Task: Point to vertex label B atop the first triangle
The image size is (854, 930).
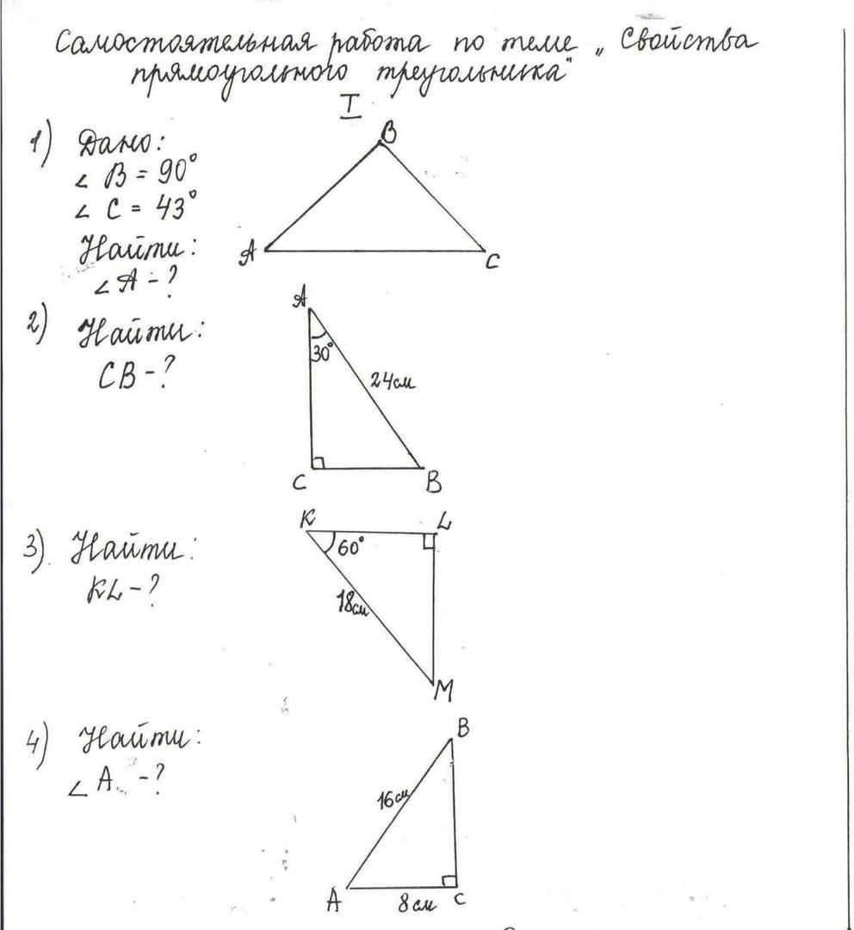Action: pos(388,133)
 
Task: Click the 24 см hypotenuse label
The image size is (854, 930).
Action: pos(393,379)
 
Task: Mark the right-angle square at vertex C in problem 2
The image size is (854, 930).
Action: pos(318,463)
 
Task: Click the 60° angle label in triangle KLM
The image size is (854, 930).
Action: pos(350,546)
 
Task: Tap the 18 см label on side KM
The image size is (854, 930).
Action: pos(351,604)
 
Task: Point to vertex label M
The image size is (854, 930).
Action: pos(444,691)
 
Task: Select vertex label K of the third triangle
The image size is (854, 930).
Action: pos(307,518)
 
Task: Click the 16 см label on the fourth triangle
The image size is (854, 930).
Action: pos(392,798)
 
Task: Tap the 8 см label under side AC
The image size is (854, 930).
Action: pos(416,904)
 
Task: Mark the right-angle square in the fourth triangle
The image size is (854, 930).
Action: pos(449,880)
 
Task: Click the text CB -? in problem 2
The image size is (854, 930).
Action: pos(131,375)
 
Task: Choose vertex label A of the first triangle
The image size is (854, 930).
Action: pos(249,253)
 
